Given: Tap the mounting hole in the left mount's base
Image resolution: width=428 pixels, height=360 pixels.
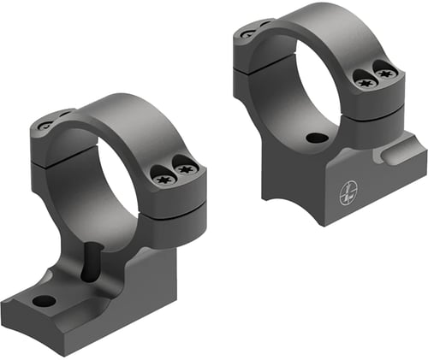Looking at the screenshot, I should pyautogui.click(x=42, y=300).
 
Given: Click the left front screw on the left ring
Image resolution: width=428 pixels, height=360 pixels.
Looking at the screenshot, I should pyautogui.click(x=163, y=180).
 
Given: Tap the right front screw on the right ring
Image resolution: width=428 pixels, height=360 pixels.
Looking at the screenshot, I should pyautogui.click(x=388, y=74).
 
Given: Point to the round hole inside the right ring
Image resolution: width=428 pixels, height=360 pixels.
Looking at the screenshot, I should pyautogui.click(x=317, y=138).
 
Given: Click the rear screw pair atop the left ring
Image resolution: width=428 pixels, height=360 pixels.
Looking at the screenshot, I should pyautogui.click(x=53, y=122).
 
